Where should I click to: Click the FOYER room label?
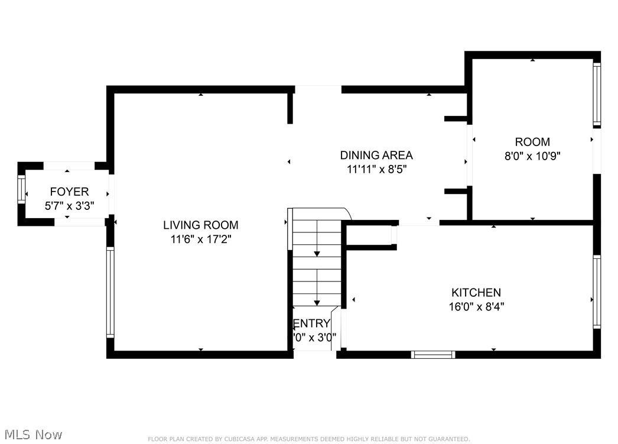(x=69, y=192)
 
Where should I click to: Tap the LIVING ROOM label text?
(x=200, y=225)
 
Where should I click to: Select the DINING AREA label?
(x=376, y=155)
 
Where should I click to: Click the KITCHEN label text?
(x=476, y=293)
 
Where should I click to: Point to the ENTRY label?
(x=311, y=323)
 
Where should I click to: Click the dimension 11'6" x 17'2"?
(x=200, y=239)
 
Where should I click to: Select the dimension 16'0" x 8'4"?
(x=476, y=307)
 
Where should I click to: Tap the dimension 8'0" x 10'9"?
(x=532, y=157)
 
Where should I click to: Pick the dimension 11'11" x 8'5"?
(x=376, y=170)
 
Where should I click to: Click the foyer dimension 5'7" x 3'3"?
(x=69, y=206)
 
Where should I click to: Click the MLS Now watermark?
(x=32, y=435)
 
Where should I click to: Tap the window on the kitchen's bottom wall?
(x=432, y=355)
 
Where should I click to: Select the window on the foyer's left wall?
(x=21, y=190)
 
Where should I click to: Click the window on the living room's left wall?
(x=110, y=292)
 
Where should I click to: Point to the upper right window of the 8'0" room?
(x=597, y=95)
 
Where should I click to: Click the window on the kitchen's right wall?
(x=597, y=291)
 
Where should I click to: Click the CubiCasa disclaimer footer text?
(x=308, y=439)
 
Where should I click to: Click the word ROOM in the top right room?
(x=532, y=142)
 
